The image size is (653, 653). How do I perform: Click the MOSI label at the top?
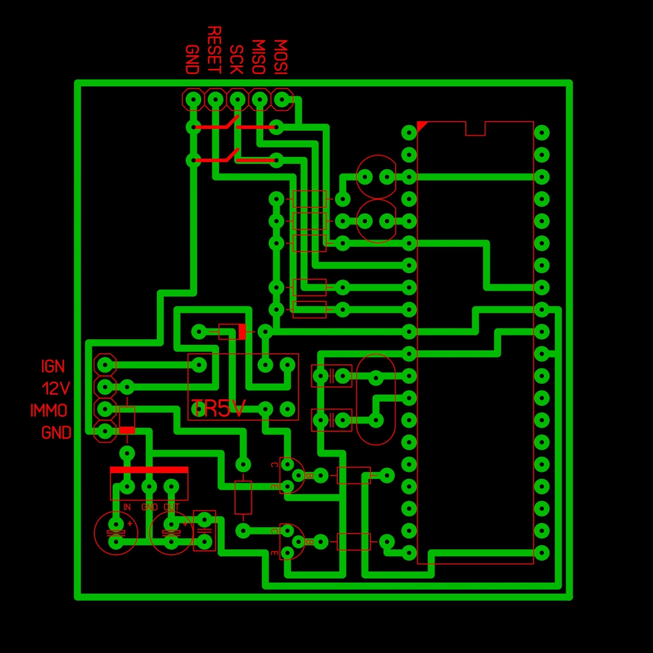(280, 57)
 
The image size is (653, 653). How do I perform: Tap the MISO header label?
(259, 57)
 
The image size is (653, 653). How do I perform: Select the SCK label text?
(236, 59)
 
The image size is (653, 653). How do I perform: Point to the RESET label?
(214, 50)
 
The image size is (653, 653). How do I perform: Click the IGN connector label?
(53, 366)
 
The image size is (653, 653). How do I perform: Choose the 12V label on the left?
(56, 388)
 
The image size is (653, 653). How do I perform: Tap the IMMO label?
(49, 410)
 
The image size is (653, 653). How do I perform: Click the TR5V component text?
(218, 409)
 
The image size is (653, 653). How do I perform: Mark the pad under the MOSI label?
(281, 99)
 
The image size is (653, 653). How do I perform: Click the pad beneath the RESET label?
(215, 99)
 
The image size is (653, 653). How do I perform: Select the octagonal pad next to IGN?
(104, 365)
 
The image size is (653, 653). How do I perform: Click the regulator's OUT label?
(171, 507)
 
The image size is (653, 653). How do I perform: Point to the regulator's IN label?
(127, 507)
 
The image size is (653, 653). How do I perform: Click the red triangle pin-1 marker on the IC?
(421, 125)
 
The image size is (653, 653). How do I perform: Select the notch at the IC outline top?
(476, 129)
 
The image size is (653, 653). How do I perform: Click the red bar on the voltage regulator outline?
(149, 470)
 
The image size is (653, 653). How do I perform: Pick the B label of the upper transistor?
(309, 475)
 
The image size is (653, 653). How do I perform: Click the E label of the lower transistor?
(274, 553)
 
